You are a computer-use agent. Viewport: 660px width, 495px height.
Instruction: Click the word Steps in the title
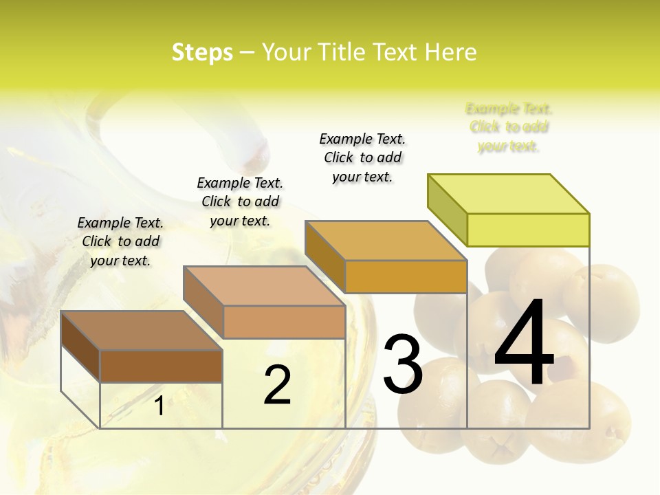pyautogui.click(x=202, y=52)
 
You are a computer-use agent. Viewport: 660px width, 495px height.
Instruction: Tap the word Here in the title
pyautogui.click(x=450, y=52)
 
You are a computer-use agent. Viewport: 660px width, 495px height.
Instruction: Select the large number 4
pyautogui.click(x=524, y=344)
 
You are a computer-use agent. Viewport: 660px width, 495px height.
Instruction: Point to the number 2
pyautogui.click(x=277, y=385)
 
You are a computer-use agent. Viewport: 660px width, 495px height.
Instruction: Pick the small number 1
pyautogui.click(x=159, y=406)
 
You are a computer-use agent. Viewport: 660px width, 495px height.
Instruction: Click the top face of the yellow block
pyautogui.click(x=509, y=194)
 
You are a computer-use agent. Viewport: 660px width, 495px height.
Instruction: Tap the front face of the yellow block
pyautogui.click(x=528, y=230)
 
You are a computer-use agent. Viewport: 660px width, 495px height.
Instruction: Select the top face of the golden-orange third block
pyautogui.click(x=386, y=241)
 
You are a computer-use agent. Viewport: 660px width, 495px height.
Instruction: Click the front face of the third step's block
pyautogui.click(x=406, y=276)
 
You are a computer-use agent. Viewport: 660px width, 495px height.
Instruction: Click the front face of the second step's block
pyautogui.click(x=284, y=322)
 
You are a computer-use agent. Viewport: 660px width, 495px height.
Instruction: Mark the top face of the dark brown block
pyautogui.click(x=141, y=331)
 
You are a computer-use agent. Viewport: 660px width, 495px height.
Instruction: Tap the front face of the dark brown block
pyautogui.click(x=161, y=366)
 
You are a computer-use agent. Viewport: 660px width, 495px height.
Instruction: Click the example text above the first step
pyautogui.click(x=120, y=241)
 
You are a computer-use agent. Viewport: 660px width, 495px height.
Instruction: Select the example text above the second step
pyautogui.click(x=240, y=201)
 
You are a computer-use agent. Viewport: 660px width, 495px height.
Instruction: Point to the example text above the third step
pyautogui.click(x=362, y=157)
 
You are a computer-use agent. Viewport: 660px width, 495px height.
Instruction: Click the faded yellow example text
pyautogui.click(x=509, y=127)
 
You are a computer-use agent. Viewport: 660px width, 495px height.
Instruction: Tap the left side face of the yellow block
pyautogui.click(x=448, y=210)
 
